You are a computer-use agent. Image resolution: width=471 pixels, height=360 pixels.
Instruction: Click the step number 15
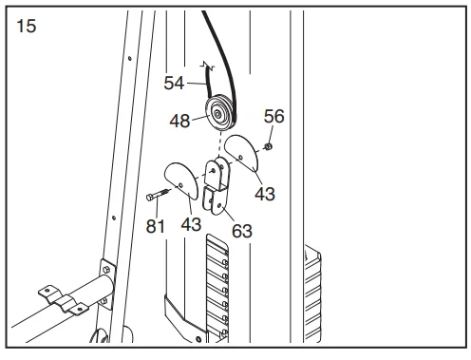tap(27, 26)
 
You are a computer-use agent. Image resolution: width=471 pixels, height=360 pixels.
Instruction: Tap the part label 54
tap(174, 84)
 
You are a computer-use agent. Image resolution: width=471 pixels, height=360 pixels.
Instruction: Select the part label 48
tap(179, 121)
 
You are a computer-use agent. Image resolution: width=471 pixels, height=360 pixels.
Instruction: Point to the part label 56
tap(274, 116)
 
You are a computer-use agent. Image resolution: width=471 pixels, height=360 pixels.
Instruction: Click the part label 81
tap(156, 226)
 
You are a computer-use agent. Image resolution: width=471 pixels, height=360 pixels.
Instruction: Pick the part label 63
tap(242, 231)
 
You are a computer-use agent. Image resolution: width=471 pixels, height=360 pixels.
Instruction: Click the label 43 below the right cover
tap(265, 194)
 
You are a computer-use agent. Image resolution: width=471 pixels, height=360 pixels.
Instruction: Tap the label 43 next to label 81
tap(191, 224)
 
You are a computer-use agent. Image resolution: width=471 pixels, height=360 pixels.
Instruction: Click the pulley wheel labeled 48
tap(220, 114)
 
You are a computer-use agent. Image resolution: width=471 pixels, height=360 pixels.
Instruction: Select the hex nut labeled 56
tap(269, 146)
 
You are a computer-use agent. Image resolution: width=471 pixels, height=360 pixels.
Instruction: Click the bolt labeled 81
tap(158, 194)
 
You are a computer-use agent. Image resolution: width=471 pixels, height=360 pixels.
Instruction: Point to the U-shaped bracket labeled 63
tap(217, 185)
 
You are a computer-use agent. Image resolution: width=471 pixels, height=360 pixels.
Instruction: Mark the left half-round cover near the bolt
tap(181, 180)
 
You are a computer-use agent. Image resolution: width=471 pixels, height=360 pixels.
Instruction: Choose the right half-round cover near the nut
tap(241, 153)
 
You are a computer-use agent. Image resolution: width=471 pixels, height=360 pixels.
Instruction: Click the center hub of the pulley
tap(217, 114)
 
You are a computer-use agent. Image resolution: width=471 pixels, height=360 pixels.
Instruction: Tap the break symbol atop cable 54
tap(207, 66)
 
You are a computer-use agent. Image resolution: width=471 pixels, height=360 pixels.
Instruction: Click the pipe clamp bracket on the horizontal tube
tap(64, 300)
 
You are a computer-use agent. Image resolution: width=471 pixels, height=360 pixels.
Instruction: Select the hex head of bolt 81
tap(150, 198)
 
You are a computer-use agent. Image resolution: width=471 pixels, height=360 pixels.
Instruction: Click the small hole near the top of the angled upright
tap(129, 58)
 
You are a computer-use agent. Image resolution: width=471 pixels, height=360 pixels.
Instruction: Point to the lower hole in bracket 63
tap(219, 206)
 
